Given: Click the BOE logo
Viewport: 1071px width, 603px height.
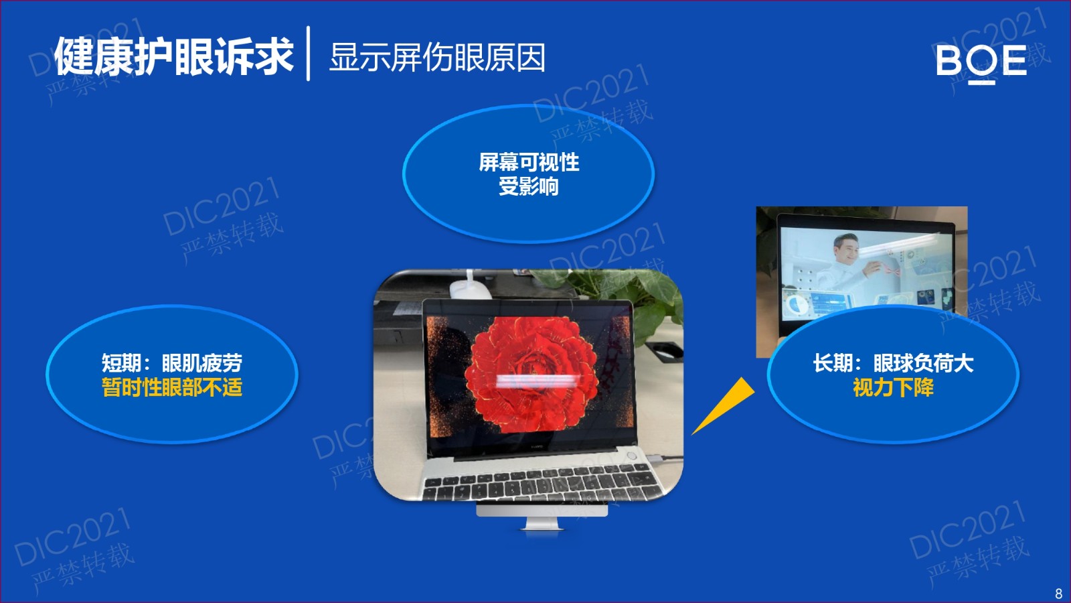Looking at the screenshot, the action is click(981, 63).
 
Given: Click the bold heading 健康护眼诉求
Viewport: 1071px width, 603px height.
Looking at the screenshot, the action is click(173, 56).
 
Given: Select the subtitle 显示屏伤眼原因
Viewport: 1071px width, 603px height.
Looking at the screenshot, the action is click(437, 58).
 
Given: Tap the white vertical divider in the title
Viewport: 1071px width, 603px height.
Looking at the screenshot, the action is click(309, 54).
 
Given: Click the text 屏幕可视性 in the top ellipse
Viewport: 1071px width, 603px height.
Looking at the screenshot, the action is click(529, 162).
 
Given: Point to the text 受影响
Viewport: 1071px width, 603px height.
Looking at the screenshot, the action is click(529, 186).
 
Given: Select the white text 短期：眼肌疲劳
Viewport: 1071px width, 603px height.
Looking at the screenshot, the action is click(172, 363).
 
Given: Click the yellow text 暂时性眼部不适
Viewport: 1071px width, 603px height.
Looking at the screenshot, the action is click(172, 387).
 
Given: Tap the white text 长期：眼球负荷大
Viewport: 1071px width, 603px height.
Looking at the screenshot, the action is click(893, 363).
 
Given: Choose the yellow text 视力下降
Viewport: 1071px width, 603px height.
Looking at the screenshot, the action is click(893, 387).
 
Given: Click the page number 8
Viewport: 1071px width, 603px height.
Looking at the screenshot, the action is click(1058, 594).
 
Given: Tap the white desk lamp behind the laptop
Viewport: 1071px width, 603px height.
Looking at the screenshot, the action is click(469, 287).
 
